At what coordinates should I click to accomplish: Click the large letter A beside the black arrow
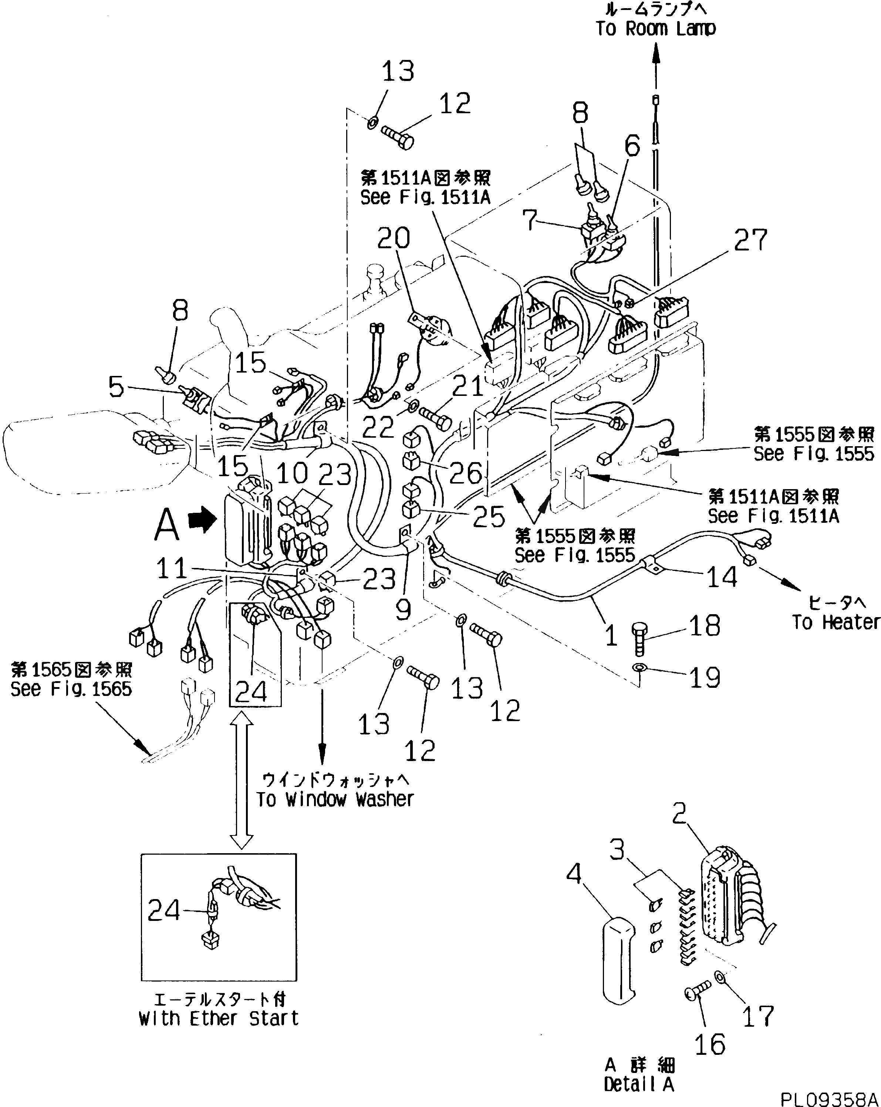[x=167, y=525]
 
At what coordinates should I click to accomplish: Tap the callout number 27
[x=750, y=240]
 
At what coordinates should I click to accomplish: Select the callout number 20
[x=394, y=238]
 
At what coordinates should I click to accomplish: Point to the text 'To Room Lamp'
[x=656, y=28]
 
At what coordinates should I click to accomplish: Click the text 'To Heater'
[x=835, y=622]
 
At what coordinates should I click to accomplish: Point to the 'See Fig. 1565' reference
[x=71, y=689]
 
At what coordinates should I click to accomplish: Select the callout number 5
[x=116, y=387]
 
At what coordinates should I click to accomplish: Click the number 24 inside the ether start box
[x=163, y=911]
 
